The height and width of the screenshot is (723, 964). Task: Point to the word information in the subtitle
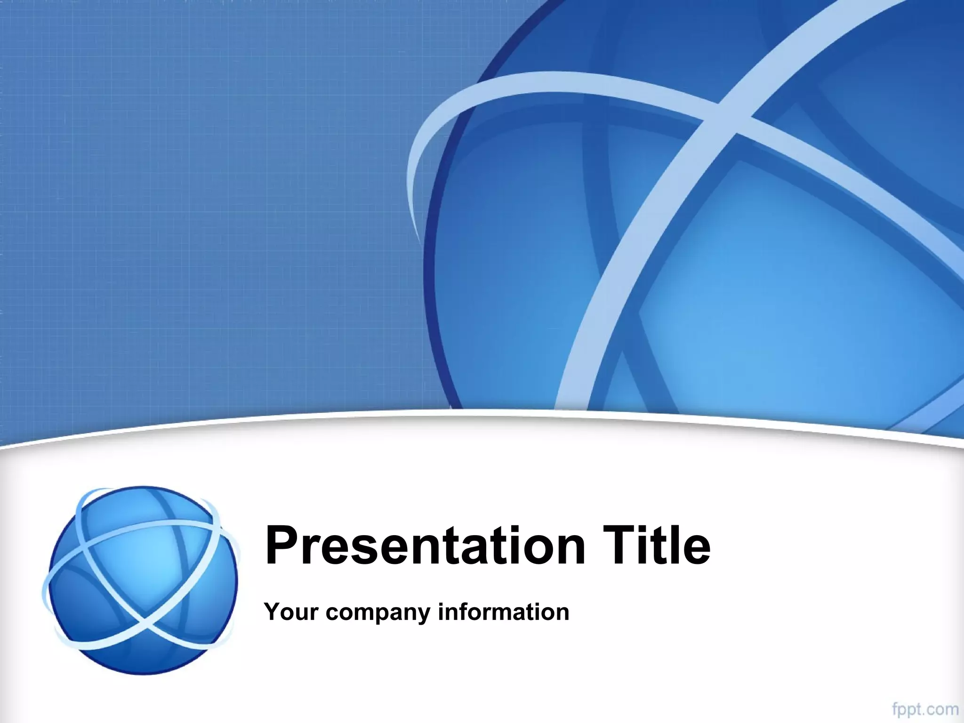(x=503, y=612)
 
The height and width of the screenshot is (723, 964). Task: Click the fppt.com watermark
(x=924, y=709)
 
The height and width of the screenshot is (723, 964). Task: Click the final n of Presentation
(x=569, y=551)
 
